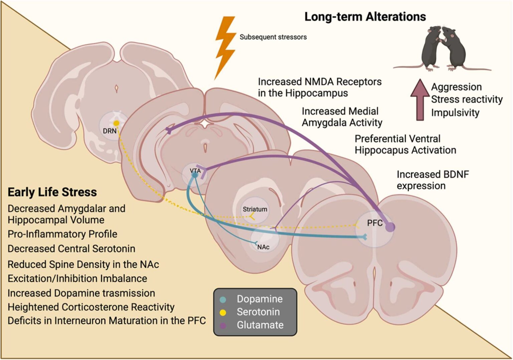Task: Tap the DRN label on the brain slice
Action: [x=110, y=131]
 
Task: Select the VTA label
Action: [x=195, y=171]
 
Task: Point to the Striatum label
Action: [x=255, y=209]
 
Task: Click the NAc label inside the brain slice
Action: [x=263, y=247]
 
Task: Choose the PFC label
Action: [x=375, y=223]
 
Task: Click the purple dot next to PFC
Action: [x=390, y=227]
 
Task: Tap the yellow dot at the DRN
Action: [x=116, y=123]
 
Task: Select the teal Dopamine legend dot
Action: [x=223, y=299]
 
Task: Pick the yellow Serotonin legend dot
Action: [x=223, y=313]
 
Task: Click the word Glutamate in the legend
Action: [x=260, y=325]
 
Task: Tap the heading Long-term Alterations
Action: [x=365, y=17]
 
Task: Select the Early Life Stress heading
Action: [x=52, y=192]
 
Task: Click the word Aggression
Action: [x=456, y=87]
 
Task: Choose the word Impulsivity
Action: [x=455, y=113]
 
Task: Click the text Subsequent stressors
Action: [x=273, y=37]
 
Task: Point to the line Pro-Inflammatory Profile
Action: [x=62, y=234]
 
